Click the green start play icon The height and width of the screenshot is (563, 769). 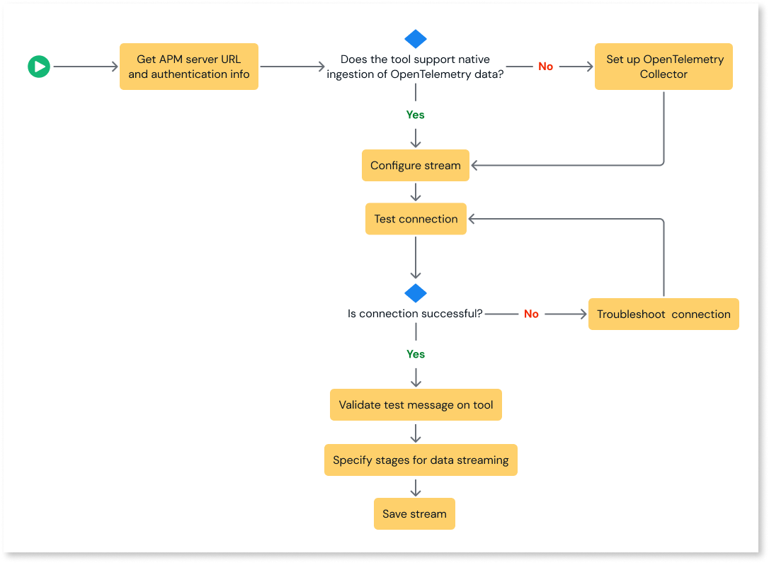[x=39, y=67]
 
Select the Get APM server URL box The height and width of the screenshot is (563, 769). [x=189, y=67]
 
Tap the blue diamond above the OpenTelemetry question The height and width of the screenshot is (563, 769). [x=416, y=39]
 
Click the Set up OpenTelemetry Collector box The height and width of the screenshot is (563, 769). [x=663, y=67]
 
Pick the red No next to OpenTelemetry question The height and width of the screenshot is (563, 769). [x=545, y=67]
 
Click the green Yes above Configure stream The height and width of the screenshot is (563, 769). [x=416, y=115]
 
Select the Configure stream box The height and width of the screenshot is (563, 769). [x=416, y=166]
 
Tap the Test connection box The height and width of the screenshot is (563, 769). [x=416, y=219]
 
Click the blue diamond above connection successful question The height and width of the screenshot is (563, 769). [x=416, y=293]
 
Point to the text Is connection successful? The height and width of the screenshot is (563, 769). [x=415, y=314]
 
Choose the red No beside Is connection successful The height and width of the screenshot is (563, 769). [x=531, y=314]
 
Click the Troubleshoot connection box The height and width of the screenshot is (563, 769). [x=663, y=314]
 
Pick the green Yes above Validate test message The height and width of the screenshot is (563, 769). [x=416, y=354]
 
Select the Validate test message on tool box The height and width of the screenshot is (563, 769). [x=416, y=405]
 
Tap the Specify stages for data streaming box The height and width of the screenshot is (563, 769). [x=421, y=460]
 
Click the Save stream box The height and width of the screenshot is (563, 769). [x=414, y=514]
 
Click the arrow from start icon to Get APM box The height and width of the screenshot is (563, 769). [x=85, y=67]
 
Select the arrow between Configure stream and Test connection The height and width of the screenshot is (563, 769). [x=416, y=192]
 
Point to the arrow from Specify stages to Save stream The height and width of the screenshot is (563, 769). [x=416, y=487]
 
